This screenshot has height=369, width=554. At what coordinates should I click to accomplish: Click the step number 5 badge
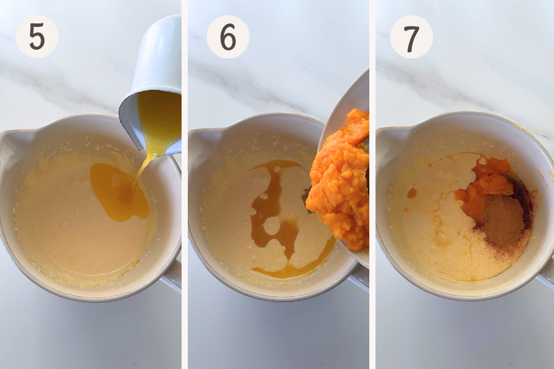37,36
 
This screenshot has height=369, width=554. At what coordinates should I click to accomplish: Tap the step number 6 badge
228,37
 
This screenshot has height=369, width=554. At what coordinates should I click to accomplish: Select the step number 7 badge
411,37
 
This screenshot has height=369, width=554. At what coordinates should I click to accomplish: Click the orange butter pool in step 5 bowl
118,192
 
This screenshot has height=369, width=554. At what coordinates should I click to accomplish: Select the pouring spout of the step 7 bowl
388,141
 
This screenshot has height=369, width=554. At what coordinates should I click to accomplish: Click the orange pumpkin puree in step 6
339,180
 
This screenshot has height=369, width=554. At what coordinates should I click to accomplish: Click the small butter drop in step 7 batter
412,192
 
